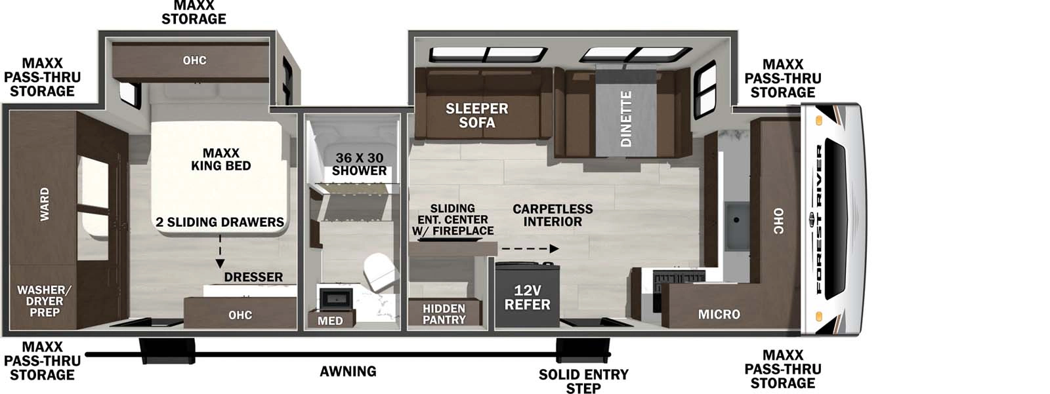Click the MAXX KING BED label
pyautogui.click(x=220, y=159)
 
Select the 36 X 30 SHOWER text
pyautogui.click(x=359, y=164)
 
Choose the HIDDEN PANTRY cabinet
pyautogui.click(x=444, y=313)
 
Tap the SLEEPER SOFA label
pyautogui.click(x=476, y=115)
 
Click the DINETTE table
pyautogui.click(x=625, y=118)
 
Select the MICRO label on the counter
pyautogui.click(x=719, y=315)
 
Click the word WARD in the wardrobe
pyautogui.click(x=44, y=204)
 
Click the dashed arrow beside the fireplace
pyautogui.click(x=528, y=248)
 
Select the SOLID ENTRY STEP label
pyautogui.click(x=583, y=381)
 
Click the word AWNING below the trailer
pyautogui.click(x=348, y=372)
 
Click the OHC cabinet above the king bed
pyautogui.click(x=194, y=60)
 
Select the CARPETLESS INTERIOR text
pyautogui.click(x=552, y=215)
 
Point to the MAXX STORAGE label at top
pyautogui.click(x=194, y=12)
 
